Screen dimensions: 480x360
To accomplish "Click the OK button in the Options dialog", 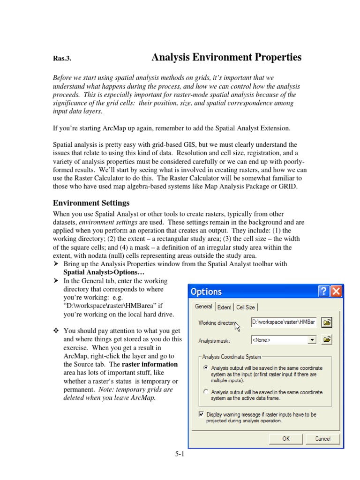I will pyautogui.click(x=286, y=439).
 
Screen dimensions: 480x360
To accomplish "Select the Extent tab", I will pyautogui.click(x=225, y=307).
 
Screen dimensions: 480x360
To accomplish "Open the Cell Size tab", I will pyautogui.click(x=246, y=307).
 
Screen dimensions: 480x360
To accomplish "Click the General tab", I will pyautogui.click(x=203, y=307).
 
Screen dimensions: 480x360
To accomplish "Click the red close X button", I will pyautogui.click(x=336, y=292).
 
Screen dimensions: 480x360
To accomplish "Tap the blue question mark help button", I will pyautogui.click(x=323, y=292).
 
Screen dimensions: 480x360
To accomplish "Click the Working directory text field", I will pyautogui.click(x=283, y=322).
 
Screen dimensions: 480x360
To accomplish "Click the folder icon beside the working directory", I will pyautogui.click(x=327, y=322).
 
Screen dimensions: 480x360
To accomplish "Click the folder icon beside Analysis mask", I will pyautogui.click(x=327, y=339).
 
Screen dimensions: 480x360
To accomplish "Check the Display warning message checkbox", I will pyautogui.click(x=202, y=414).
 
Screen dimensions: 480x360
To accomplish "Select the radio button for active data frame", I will pyautogui.click(x=205, y=392).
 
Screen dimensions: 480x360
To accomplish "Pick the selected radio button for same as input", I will pyautogui.click(x=205, y=368).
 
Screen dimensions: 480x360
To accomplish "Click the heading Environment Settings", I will pyautogui.click(x=91, y=203).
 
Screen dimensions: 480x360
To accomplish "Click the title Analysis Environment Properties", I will pyautogui.click(x=226, y=58).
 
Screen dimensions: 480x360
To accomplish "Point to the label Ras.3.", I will pyautogui.click(x=62, y=59).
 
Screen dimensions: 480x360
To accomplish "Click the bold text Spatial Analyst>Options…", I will pyautogui.click(x=104, y=272).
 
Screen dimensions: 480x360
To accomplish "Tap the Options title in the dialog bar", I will pyautogui.click(x=206, y=292).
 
